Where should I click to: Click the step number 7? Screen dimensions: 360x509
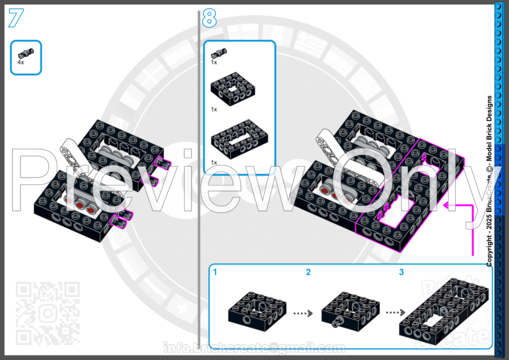(x=16, y=18)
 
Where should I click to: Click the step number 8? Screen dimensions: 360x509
(x=209, y=18)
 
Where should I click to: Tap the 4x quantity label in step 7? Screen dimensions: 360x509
(x=21, y=62)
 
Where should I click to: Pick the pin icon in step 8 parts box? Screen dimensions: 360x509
(x=219, y=53)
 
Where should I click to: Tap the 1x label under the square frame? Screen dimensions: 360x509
(x=214, y=109)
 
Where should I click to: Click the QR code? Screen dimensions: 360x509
(x=47, y=312)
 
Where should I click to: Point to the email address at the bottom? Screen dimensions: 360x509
(x=254, y=348)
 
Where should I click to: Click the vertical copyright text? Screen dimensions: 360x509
(x=489, y=181)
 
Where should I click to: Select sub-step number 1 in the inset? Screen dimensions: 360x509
(x=215, y=272)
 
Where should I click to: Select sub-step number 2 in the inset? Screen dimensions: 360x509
(x=308, y=272)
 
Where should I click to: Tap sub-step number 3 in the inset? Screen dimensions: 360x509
(x=401, y=272)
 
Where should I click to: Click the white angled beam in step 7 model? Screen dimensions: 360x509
(x=68, y=153)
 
